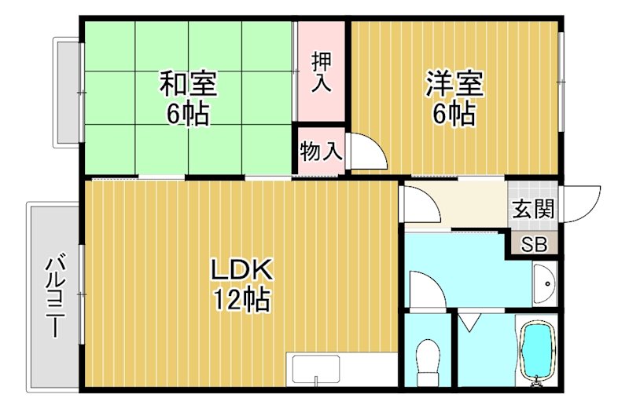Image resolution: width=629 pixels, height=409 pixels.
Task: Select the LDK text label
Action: coord(241,271)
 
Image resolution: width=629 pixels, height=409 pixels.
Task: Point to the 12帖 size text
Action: coord(241,299)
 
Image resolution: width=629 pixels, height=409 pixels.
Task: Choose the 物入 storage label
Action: coord(321,152)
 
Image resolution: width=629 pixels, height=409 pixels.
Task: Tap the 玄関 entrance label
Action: coord(534,209)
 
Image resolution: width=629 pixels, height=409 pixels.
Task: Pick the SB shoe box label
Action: coord(534,243)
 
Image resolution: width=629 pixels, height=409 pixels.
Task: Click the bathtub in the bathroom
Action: coord(539,350)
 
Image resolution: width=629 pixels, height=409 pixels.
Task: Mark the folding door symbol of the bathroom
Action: coord(469,321)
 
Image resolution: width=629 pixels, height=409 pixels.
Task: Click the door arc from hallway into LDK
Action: coord(421,206)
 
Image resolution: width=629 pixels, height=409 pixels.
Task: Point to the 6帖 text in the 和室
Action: coord(188,114)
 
